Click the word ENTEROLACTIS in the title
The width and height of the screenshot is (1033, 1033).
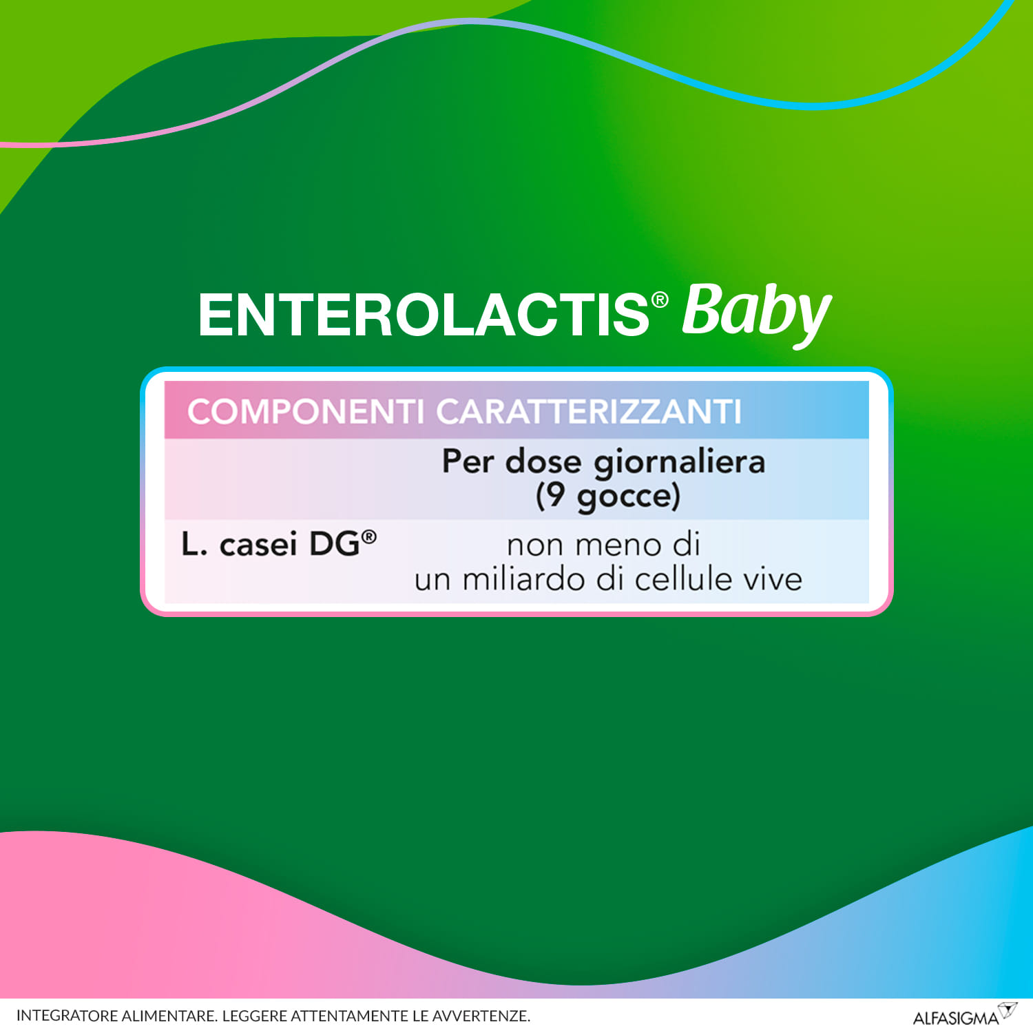[x=423, y=315]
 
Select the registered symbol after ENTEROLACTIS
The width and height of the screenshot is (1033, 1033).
[x=660, y=300]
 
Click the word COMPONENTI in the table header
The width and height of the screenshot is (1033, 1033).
[x=305, y=412]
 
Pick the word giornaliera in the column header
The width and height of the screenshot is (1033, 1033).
[x=679, y=463]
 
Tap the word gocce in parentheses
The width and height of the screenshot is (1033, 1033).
[x=623, y=497]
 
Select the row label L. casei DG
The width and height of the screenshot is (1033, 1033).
[x=270, y=545]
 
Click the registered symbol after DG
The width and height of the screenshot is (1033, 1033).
[x=369, y=536]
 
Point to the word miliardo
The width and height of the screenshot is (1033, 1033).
[x=525, y=579]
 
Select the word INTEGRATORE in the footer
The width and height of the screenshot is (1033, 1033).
[x=67, y=1016]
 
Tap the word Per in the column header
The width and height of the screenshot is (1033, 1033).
[x=468, y=461]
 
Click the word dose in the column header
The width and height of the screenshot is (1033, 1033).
[x=543, y=461]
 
